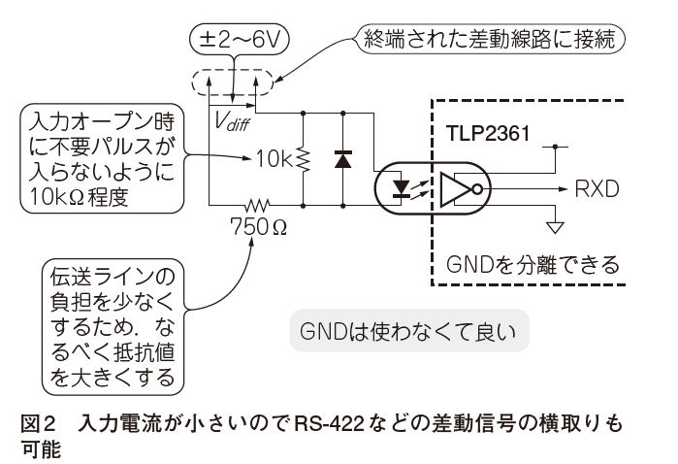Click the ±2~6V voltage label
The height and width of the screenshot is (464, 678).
tap(240, 40)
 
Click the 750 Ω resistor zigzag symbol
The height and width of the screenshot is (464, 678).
tap(257, 204)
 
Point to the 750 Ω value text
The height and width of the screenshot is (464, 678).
tap(259, 226)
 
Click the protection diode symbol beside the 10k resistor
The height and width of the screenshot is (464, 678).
tap(343, 159)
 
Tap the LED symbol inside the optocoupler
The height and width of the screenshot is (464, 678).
tap(401, 188)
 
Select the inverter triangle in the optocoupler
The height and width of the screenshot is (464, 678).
tap(455, 188)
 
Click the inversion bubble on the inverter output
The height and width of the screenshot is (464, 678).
tap(477, 188)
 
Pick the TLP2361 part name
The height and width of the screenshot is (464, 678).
tap(488, 133)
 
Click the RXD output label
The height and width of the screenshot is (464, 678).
tap(597, 189)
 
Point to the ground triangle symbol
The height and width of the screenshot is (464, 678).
tap(555, 228)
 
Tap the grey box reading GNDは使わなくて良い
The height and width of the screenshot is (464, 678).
tap(409, 331)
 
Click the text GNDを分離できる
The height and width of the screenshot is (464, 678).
tap(533, 264)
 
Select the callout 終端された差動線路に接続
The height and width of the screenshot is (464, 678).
tap(490, 40)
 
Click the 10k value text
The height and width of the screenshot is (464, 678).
tap(274, 159)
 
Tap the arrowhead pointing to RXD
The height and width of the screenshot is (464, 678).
tap(563, 188)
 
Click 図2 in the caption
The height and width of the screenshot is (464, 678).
tap(38, 424)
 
